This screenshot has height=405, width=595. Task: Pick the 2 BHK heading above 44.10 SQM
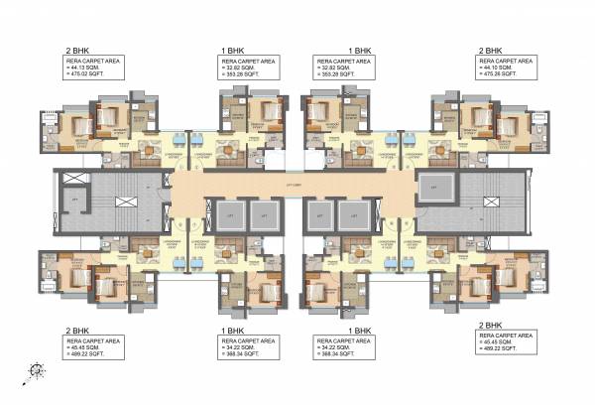(x=492, y=48)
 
